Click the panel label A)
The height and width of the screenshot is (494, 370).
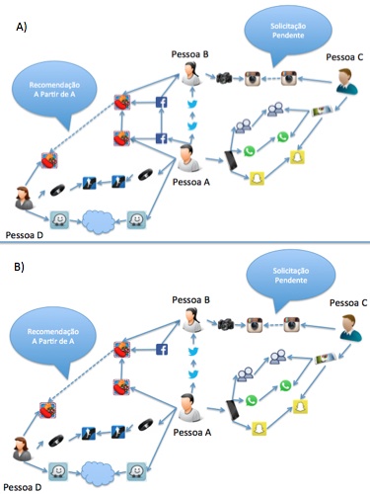pos(22,27)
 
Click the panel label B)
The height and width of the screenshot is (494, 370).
pos(19,267)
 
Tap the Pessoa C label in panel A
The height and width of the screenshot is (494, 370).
pos(344,57)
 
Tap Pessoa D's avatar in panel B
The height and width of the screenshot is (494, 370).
pos(22,449)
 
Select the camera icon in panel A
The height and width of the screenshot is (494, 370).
pos(224,78)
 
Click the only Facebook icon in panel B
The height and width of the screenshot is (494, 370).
pos(162,349)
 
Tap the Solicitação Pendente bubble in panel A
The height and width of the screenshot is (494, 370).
pos(288,33)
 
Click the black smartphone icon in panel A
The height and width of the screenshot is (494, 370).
pos(231,160)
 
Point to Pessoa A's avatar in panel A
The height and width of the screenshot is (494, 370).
pos(188,158)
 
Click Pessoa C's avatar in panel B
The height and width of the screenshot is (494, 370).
pos(350,328)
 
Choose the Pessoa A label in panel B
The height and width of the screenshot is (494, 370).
pos(192,433)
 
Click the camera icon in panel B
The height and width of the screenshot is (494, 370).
pos(226,324)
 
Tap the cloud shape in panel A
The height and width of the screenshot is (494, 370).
pos(99,221)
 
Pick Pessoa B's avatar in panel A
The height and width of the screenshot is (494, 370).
pos(190,74)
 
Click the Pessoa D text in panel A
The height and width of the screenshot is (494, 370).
pos(25,235)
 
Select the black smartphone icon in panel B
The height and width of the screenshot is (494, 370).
pos(233,410)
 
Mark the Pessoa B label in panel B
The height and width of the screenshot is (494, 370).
pos(190,300)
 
